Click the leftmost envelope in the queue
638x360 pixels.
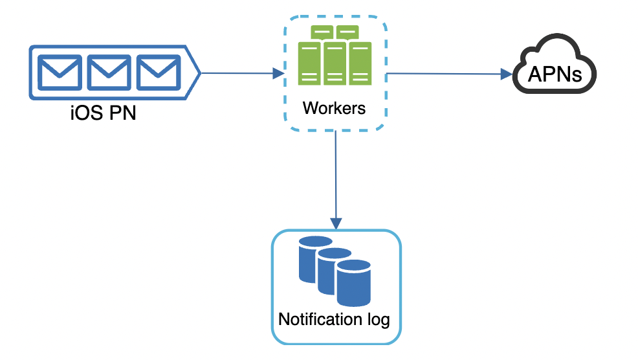[x=59, y=73]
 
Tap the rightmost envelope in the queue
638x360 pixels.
[x=159, y=73]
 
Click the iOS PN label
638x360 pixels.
[x=104, y=114]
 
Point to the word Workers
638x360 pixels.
[x=334, y=107]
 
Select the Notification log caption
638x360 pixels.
[x=334, y=319]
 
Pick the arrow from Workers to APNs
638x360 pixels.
[x=446, y=74]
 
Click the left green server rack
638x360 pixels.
[x=309, y=63]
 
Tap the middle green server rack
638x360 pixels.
[x=335, y=63]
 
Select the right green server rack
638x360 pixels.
[x=360, y=63]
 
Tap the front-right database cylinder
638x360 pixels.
[x=353, y=282]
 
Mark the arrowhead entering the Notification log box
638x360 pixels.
[x=335, y=223]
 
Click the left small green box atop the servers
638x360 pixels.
[x=322, y=31]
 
